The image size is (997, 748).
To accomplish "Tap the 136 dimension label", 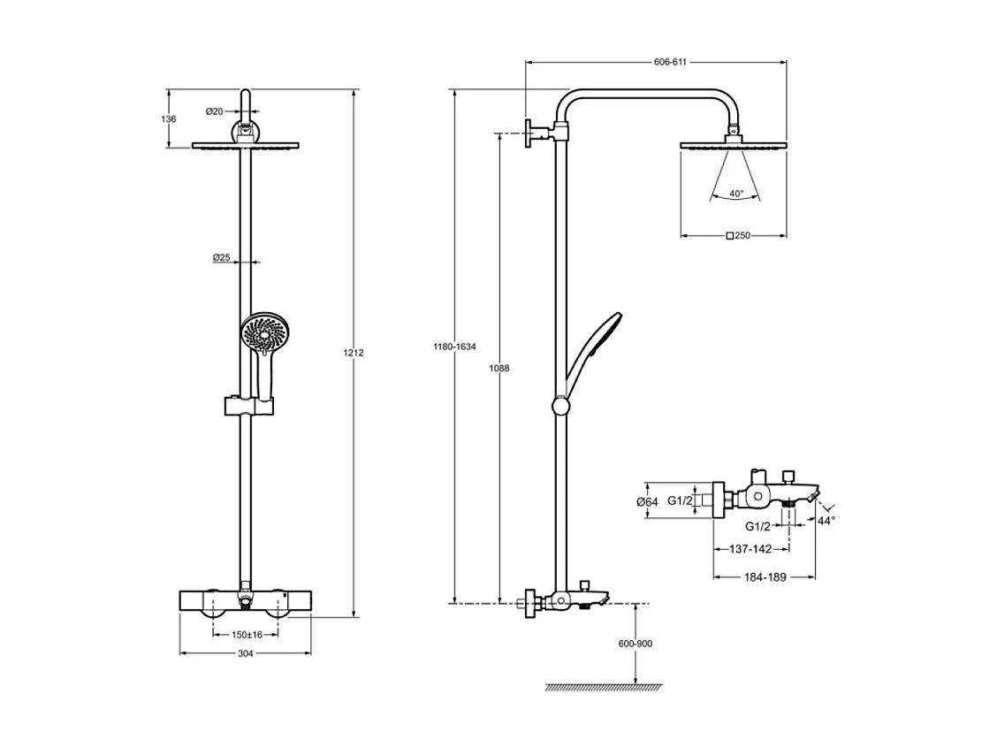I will coord(170,118).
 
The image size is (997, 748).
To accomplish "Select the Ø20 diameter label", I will coord(215,111).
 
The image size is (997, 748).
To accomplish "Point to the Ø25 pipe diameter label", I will coord(221,258).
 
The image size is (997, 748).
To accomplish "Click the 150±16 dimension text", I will coord(245,634).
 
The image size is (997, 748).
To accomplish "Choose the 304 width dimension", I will coord(246,653).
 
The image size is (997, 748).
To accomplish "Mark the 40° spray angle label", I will coord(736,193).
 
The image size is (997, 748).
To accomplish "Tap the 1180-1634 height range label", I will coord(454,347).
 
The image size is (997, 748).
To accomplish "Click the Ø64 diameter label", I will coord(646,502).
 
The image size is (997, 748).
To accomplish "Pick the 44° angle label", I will coord(826,522).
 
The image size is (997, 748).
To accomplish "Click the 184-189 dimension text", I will coord(764,576).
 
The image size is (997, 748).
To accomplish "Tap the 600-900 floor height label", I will coord(635,645).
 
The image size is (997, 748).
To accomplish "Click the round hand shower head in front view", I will coord(263,333).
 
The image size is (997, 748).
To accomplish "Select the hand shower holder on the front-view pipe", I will coord(247,406).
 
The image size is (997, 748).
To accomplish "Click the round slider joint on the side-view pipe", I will coord(559,406).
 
